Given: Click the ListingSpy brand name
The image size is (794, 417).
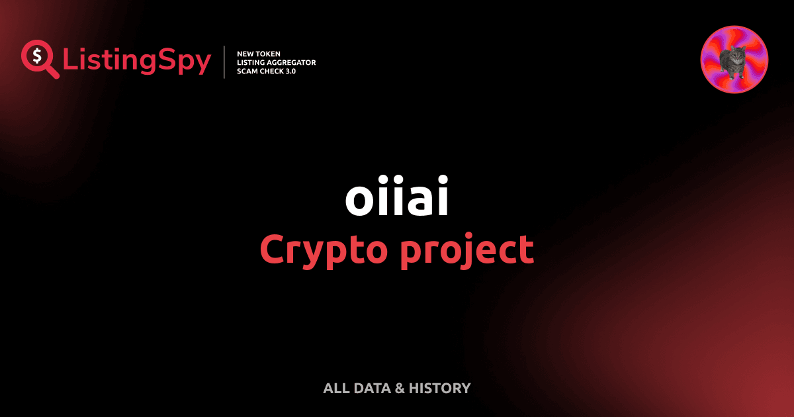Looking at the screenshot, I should [136, 61].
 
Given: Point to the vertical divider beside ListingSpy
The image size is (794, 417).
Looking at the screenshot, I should [225, 62].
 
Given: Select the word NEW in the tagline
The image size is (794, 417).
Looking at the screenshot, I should [247, 53].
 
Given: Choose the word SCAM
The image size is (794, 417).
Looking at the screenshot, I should [247, 71].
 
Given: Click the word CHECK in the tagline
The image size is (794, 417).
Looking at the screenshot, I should [273, 71].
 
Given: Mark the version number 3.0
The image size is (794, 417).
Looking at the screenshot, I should [291, 71].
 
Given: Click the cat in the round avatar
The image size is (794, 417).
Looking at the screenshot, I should [732, 61].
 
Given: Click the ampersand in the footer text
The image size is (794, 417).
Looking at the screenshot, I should [400, 389].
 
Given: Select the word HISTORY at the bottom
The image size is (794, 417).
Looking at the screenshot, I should [440, 389].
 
